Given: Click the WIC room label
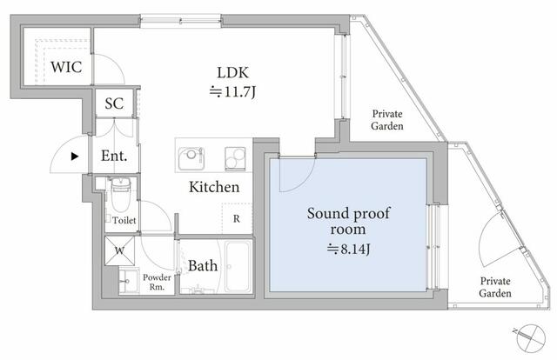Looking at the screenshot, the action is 66,67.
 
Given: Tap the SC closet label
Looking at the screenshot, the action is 114,103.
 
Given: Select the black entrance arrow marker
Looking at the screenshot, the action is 75,156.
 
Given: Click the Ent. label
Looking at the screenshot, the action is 114,156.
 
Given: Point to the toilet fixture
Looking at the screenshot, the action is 121,195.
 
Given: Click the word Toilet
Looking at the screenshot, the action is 124,220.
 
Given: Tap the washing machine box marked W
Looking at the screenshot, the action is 120,250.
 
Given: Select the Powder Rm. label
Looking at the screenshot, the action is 157,282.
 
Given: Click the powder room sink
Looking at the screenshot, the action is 128,281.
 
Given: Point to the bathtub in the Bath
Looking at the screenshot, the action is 238,266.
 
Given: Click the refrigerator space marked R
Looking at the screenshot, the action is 237,218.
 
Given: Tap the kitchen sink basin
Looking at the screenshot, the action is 191,158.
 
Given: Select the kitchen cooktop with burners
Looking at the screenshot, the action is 235,158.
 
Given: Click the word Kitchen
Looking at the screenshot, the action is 214,187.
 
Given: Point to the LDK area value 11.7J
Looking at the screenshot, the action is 232,92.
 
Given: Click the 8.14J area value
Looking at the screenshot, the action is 348,249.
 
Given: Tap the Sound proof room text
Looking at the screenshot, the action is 348,221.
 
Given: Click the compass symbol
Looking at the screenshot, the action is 531,337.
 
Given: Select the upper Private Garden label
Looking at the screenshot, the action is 387,120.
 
